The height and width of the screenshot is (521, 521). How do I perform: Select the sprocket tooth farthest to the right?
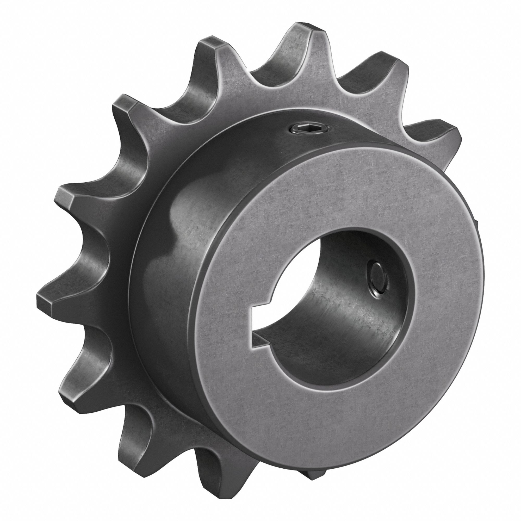445,132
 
